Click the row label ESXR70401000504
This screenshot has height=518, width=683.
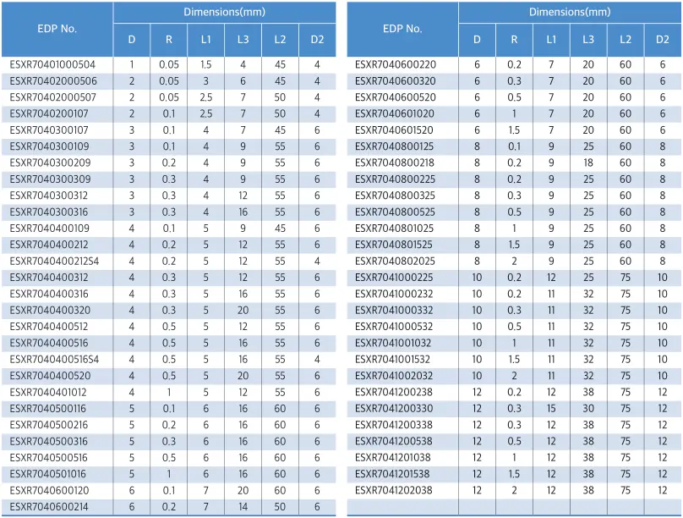[x=52, y=64]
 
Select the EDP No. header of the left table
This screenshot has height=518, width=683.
[x=57, y=28]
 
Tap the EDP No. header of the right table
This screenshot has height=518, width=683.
[x=402, y=28]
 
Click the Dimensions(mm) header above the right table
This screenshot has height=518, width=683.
[x=570, y=12]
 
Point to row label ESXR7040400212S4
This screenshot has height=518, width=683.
[x=54, y=262]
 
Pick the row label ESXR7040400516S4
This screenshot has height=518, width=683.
[x=54, y=360]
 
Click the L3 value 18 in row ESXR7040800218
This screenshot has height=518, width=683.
[x=587, y=163]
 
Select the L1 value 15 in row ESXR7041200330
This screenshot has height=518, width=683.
[x=551, y=409]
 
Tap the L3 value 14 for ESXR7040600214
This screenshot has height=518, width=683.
[x=243, y=507]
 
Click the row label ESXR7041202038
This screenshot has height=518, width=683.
[x=394, y=491]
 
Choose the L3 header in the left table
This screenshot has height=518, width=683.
[x=243, y=40]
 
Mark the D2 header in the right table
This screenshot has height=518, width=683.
[x=662, y=40]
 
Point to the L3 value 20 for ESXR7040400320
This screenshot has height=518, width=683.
[x=243, y=311]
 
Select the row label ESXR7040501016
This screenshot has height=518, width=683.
[x=48, y=474]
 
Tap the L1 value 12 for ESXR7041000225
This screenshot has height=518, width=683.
[x=551, y=278]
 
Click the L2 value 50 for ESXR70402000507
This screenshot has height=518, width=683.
[x=280, y=97]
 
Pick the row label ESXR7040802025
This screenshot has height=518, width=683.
[x=395, y=262]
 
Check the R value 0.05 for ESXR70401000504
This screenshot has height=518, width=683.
[x=169, y=64]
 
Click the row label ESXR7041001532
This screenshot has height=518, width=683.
[x=394, y=360]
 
